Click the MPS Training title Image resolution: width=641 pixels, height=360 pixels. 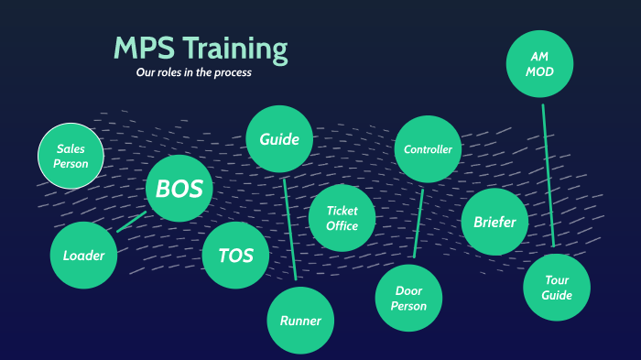[201, 49]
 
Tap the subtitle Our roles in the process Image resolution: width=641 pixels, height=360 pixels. [193, 72]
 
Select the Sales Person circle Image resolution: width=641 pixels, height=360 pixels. [71, 156]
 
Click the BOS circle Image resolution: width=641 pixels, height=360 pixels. [179, 188]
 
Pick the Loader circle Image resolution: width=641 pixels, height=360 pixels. [83, 256]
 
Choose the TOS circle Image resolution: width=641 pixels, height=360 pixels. [235, 256]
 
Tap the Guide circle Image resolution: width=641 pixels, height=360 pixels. [279, 139]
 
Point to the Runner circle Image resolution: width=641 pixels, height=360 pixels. [300, 321]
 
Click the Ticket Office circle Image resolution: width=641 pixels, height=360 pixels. [341, 218]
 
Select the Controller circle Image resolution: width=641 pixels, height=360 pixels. [428, 149]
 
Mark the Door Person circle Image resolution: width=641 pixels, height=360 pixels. [408, 299]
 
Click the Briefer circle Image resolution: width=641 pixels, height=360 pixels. [494, 222]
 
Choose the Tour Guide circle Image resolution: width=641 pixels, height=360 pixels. [557, 288]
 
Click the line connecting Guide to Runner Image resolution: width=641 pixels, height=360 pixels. [290, 229]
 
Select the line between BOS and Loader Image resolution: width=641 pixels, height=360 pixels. [132, 222]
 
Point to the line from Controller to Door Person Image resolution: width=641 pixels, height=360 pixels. [418, 224]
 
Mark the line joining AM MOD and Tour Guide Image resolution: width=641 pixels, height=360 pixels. [549, 174]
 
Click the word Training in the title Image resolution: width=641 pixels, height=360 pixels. [234, 49]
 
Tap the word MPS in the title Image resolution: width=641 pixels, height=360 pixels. [143, 49]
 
